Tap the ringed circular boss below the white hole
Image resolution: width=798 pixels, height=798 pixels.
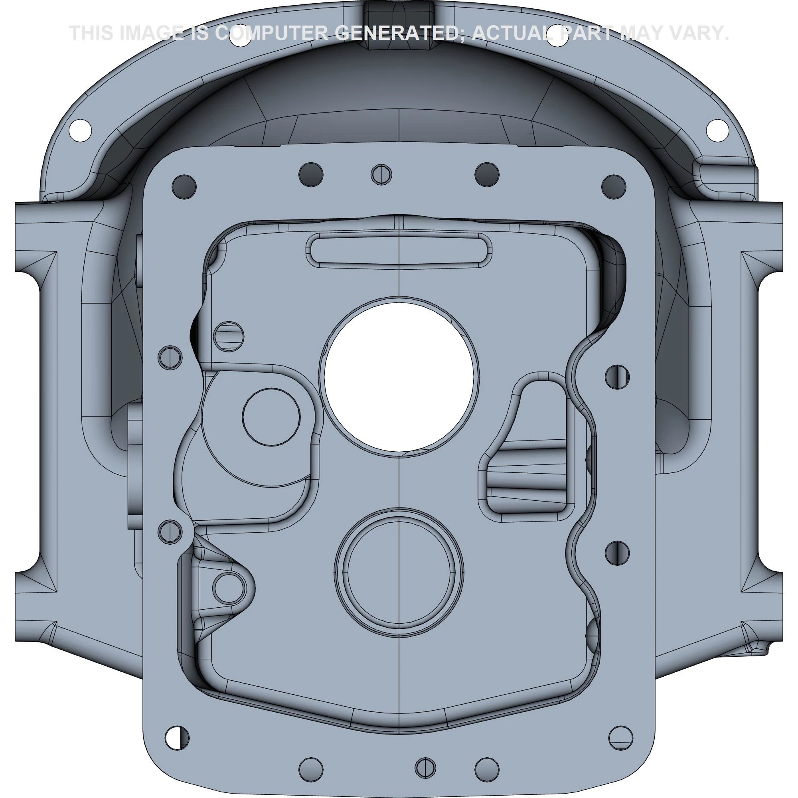399,572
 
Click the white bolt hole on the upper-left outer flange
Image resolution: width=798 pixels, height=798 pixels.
80,130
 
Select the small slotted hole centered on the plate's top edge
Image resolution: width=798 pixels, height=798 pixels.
381,175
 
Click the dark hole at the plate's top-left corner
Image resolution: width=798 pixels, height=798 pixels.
184,187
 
